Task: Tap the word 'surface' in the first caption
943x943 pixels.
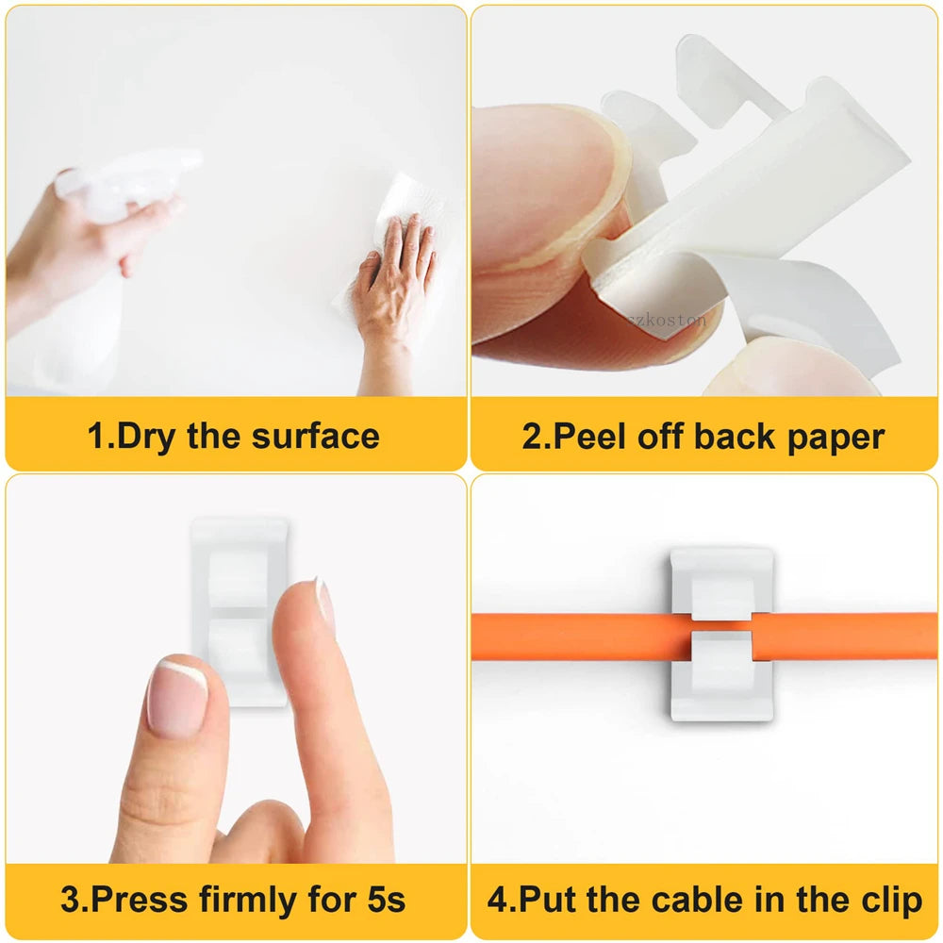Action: tap(316, 437)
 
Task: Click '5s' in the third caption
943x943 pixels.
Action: tap(386, 900)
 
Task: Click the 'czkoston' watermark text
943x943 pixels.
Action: tap(667, 320)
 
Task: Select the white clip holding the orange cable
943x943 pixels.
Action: tap(721, 634)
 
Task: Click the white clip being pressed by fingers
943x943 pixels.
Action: tap(240, 610)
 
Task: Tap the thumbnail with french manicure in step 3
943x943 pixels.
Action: tap(178, 698)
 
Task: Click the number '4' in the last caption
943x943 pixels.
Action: tap(497, 900)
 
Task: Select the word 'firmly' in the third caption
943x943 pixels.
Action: tap(248, 901)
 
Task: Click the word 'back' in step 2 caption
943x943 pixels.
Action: tap(735, 437)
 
